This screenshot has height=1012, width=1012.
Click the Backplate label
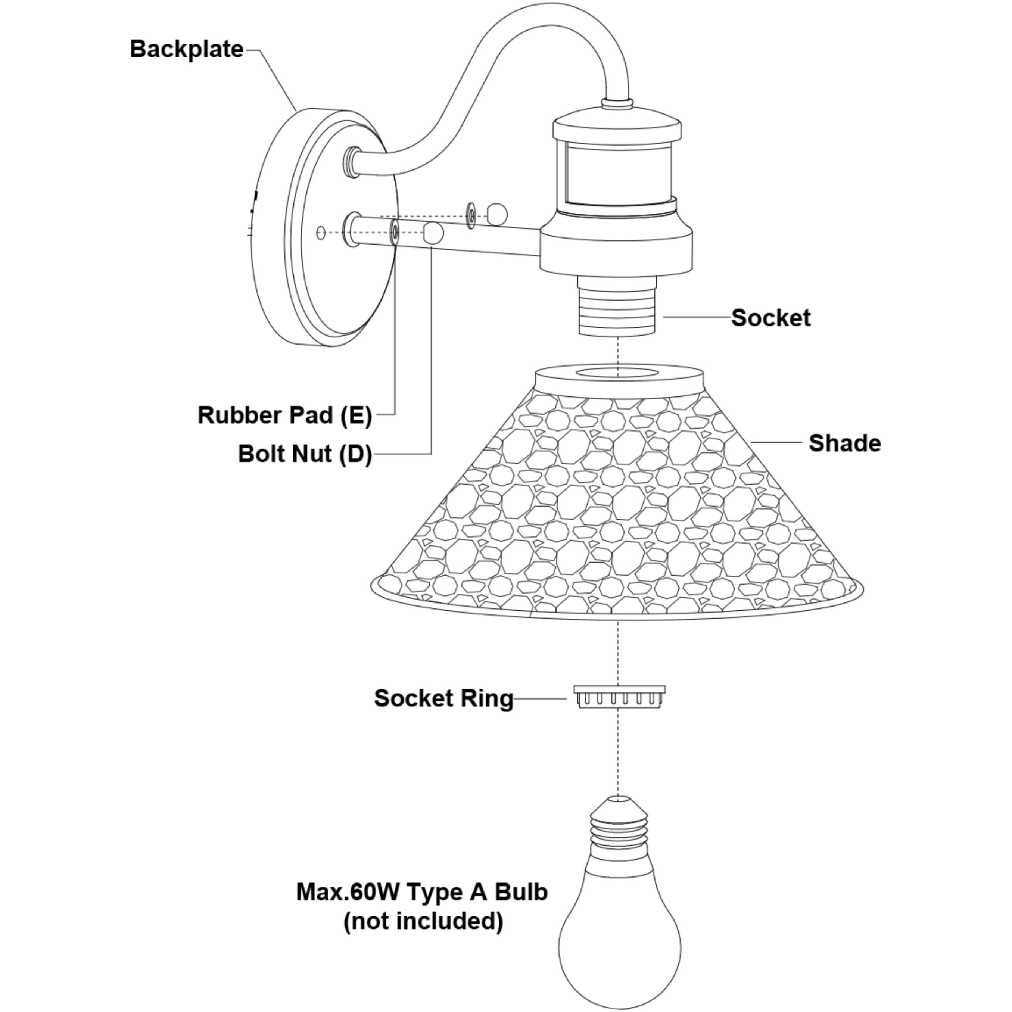187,49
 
